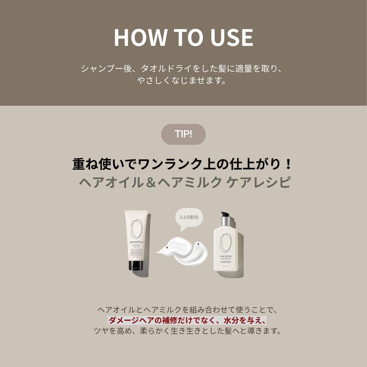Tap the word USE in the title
pos(232,38)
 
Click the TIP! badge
pos(183,134)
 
